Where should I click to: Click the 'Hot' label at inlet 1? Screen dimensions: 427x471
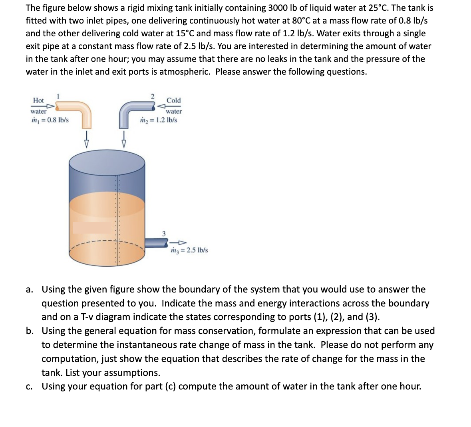38,100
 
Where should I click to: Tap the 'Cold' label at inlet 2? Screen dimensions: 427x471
173,100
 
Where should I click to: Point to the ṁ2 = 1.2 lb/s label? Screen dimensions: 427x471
159,120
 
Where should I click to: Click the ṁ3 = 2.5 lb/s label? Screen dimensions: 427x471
189,250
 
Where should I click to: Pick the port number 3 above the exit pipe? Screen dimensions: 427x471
163,233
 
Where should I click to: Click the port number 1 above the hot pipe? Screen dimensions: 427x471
58,95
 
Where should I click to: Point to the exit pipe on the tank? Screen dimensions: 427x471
156,242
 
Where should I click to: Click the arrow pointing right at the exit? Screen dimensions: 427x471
178,242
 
